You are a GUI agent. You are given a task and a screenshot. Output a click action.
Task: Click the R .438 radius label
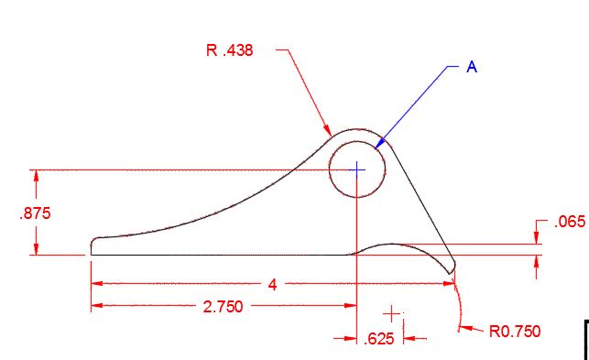(229, 51)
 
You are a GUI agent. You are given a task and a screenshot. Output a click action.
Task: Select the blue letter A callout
(472, 67)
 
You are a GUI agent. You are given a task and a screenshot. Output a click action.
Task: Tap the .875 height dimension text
(35, 213)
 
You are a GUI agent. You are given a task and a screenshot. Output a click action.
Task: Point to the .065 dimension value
(570, 222)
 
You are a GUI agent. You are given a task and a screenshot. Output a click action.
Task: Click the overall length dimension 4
(272, 285)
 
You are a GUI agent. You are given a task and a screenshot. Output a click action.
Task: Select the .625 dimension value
(379, 339)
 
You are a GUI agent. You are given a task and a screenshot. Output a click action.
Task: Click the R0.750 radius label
(515, 331)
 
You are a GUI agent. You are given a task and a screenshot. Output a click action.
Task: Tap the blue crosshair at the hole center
(357, 169)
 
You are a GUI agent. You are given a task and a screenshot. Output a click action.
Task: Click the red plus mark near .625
(394, 313)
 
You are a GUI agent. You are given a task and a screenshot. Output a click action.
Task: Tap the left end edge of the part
(92, 245)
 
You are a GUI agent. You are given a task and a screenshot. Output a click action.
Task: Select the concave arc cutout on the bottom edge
(396, 245)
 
